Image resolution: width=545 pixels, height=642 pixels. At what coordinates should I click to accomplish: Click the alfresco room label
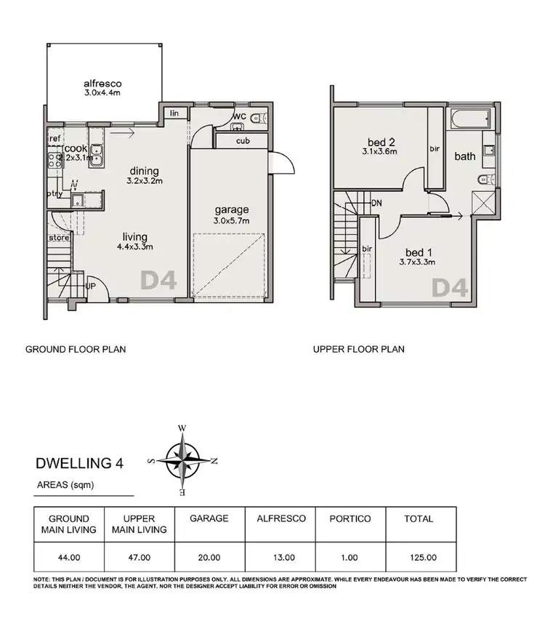[x=101, y=83]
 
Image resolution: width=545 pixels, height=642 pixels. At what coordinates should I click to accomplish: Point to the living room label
[x=134, y=237]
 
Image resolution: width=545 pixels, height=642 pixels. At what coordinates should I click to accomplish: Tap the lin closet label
[x=174, y=113]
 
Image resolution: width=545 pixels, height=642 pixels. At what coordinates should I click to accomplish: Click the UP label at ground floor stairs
[x=90, y=286]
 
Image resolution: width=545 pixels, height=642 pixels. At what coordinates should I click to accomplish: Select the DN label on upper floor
[x=376, y=204]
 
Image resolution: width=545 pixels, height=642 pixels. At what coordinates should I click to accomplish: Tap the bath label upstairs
[x=465, y=156]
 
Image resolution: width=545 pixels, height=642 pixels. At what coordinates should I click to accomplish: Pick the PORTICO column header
[x=350, y=518]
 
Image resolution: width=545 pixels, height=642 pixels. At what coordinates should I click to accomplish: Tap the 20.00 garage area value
[x=209, y=558]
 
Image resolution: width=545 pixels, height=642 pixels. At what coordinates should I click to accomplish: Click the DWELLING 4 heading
[x=79, y=463]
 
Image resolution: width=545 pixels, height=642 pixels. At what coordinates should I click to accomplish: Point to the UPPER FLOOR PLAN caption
[x=358, y=349]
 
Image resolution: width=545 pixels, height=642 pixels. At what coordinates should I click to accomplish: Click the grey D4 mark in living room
[x=158, y=280]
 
